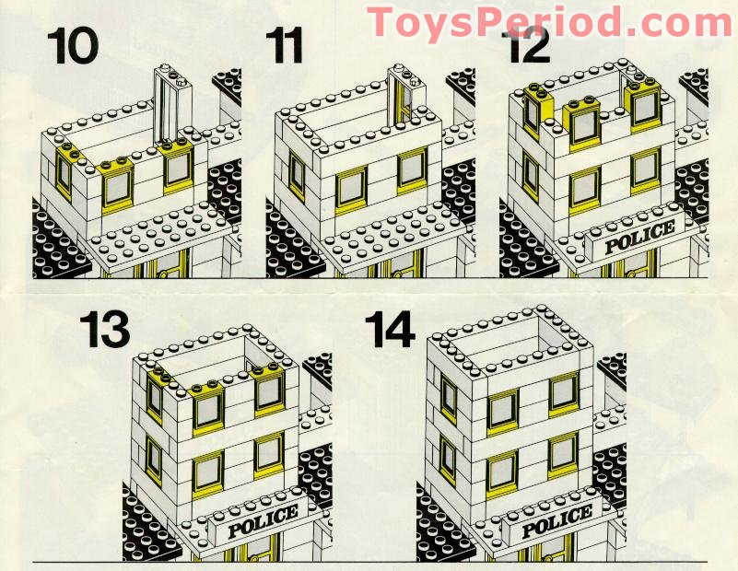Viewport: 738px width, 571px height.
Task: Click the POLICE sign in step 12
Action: click(639, 237)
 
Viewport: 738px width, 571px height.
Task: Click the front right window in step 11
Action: click(411, 169)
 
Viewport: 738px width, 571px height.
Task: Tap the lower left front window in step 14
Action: click(502, 468)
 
